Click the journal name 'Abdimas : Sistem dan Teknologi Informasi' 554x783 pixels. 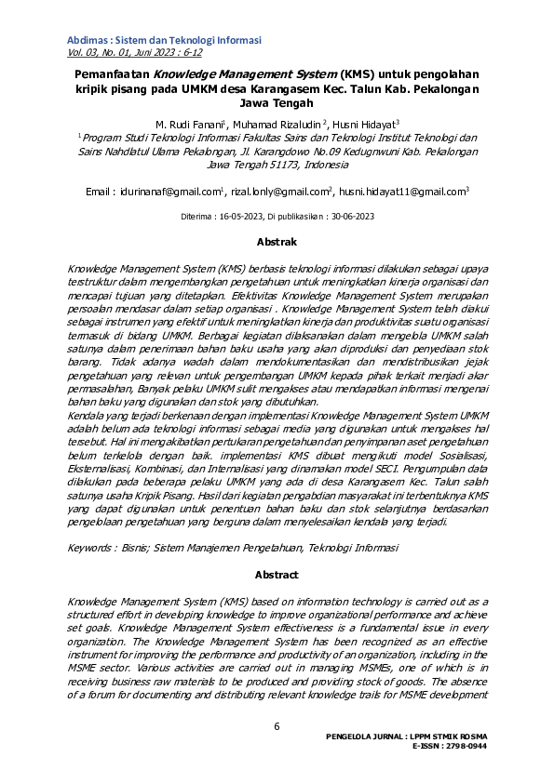[164, 40]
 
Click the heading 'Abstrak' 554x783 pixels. [277, 242]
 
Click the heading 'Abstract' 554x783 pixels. [277, 575]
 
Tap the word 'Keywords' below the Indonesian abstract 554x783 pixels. [92, 549]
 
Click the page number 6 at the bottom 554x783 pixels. [277, 726]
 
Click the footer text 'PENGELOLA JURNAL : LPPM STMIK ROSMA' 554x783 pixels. [406, 736]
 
